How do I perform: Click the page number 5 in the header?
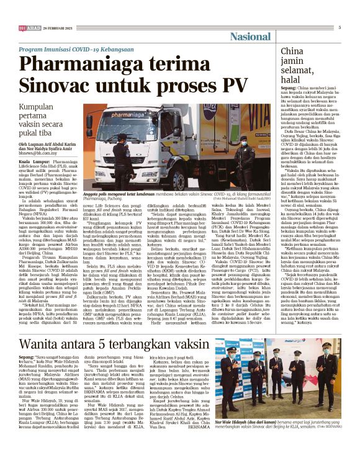coord(340,27)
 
